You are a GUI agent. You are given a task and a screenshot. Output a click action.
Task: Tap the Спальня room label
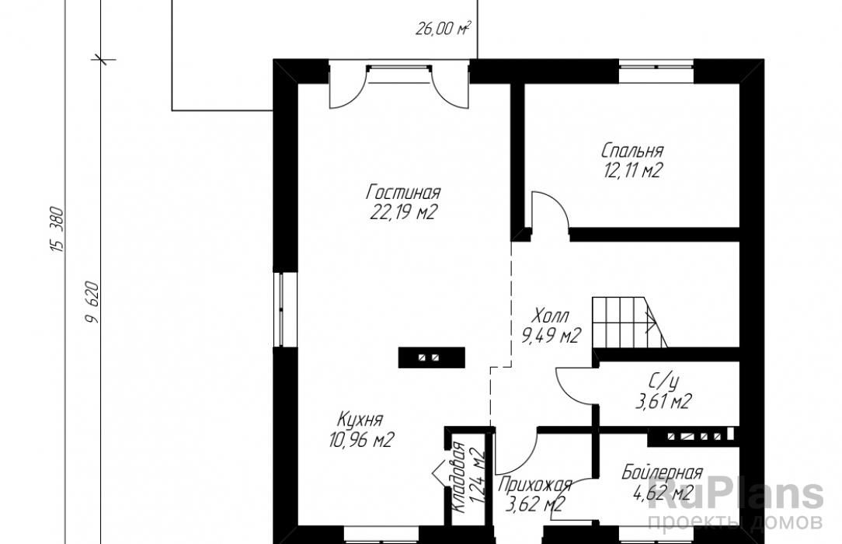click(x=632, y=150)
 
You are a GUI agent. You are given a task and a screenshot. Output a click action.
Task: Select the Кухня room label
click(x=360, y=419)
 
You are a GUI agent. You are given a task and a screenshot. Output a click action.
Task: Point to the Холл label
click(x=551, y=316)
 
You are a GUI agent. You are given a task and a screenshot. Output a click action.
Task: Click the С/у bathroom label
click(x=663, y=381)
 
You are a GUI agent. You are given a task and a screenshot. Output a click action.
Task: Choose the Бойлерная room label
click(x=662, y=473)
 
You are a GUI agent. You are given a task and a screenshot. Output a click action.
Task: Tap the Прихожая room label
click(x=535, y=486)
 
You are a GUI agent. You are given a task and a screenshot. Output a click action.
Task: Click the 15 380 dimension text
click(x=57, y=230)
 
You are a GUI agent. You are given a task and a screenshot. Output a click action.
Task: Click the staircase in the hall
click(x=630, y=323)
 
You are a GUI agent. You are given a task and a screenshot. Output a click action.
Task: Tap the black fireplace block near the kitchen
click(x=431, y=357)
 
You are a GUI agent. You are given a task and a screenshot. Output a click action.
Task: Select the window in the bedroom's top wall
click(x=656, y=68)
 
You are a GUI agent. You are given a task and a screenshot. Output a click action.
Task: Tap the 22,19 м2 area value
click(x=402, y=213)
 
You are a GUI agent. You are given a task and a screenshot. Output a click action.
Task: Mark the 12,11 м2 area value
click(x=632, y=170)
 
